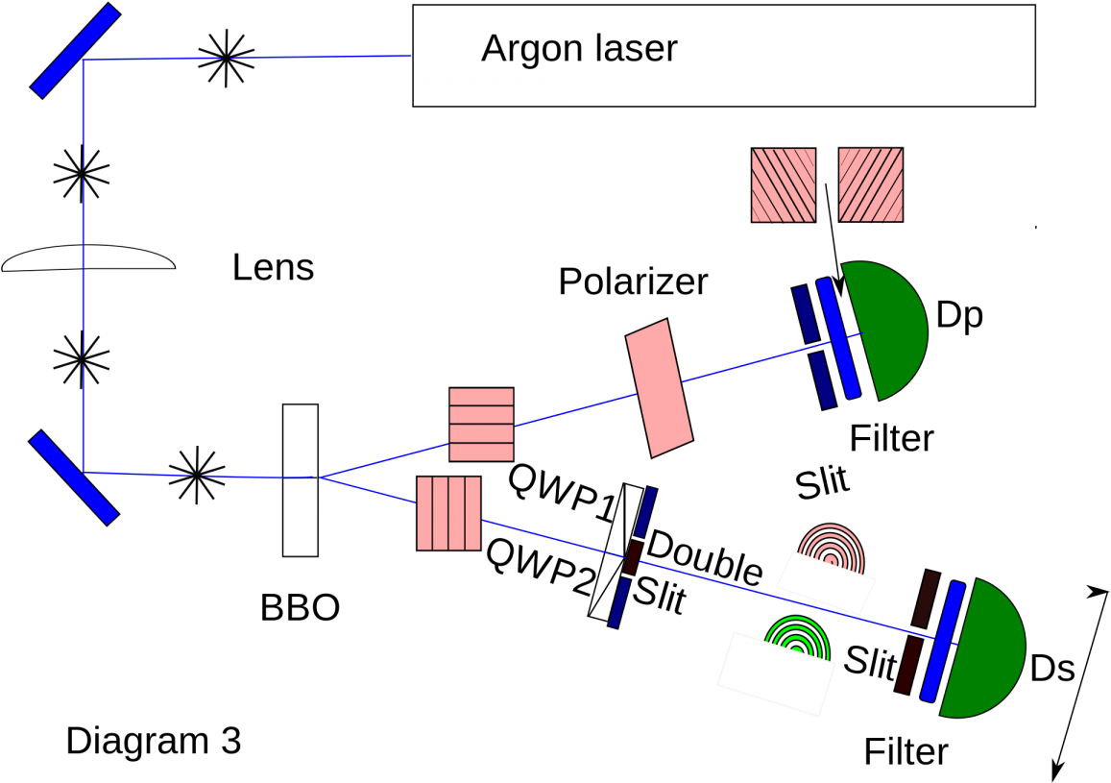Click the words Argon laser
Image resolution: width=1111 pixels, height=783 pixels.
click(x=579, y=49)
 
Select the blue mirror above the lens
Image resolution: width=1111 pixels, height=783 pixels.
click(x=75, y=51)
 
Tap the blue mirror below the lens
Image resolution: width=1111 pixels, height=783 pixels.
click(x=74, y=477)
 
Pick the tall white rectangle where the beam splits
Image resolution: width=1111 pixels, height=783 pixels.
click(x=300, y=479)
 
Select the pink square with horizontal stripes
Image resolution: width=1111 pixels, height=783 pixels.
click(x=481, y=425)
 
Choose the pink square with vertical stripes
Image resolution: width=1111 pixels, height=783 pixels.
click(x=448, y=513)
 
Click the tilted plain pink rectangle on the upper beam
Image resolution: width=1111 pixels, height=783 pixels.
click(x=659, y=388)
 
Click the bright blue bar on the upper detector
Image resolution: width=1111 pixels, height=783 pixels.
click(x=838, y=338)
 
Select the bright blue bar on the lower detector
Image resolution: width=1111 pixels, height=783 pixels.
click(x=943, y=641)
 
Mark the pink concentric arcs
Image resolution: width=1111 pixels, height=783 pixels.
click(x=832, y=549)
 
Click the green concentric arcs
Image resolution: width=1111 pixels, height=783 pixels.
click(x=797, y=638)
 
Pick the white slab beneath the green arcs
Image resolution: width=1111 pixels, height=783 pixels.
click(x=776, y=673)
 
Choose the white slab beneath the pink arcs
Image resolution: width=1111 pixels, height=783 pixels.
click(x=826, y=582)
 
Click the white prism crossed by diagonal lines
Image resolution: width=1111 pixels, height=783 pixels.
click(x=615, y=552)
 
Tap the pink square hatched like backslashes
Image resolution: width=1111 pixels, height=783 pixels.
click(x=784, y=184)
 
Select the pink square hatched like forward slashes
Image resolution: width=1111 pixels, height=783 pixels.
click(x=871, y=184)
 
